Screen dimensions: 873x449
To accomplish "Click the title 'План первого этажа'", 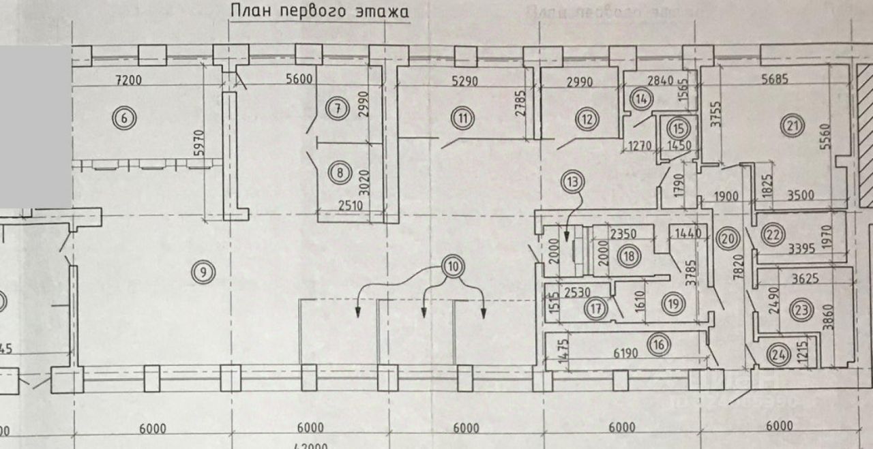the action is click(x=319, y=12).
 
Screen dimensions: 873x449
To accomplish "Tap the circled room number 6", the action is click(x=124, y=118).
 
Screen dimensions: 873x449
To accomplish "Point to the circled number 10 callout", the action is click(x=451, y=265).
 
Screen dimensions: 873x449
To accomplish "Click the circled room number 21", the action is click(x=795, y=125).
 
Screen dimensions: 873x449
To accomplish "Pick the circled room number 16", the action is click(x=658, y=345).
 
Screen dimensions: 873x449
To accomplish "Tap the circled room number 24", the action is click(x=778, y=354).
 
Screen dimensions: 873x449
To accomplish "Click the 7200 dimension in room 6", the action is click(x=128, y=80).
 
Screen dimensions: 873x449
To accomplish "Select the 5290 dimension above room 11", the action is click(x=464, y=80).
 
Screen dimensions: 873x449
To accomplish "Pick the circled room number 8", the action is click(x=339, y=173).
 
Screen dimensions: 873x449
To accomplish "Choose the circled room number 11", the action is click(x=463, y=118).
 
